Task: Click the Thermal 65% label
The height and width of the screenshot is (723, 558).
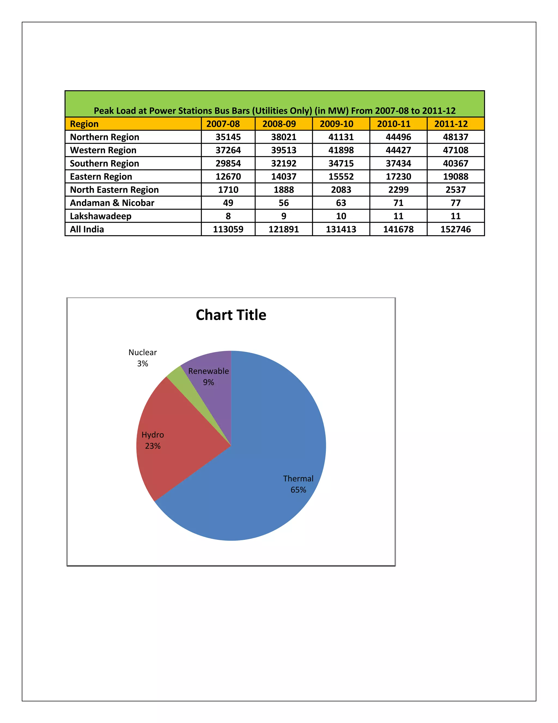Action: [298, 484]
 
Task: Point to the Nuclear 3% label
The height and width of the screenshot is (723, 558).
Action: [142, 358]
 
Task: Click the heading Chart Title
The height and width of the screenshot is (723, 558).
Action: [231, 315]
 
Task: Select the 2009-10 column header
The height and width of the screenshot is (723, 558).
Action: [336, 124]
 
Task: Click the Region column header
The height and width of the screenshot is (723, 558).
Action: [84, 124]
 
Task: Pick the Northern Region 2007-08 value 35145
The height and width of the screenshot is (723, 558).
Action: [228, 137]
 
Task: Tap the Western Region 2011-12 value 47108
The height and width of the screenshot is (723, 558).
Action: [456, 150]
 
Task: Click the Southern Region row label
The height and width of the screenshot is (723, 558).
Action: [104, 163]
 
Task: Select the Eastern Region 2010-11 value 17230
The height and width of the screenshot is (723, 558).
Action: [398, 177]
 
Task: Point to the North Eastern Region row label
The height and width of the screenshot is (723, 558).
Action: [114, 190]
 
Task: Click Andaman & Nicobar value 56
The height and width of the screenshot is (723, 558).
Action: [284, 203]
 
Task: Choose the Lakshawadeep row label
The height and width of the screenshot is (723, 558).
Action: [101, 216]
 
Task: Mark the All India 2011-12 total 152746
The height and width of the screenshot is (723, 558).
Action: [456, 229]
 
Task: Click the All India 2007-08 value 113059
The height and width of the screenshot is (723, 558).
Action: [228, 229]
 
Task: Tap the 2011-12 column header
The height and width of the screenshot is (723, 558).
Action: [451, 124]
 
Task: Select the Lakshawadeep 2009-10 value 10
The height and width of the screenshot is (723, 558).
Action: [341, 216]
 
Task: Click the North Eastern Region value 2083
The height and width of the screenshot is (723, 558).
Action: [341, 190]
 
